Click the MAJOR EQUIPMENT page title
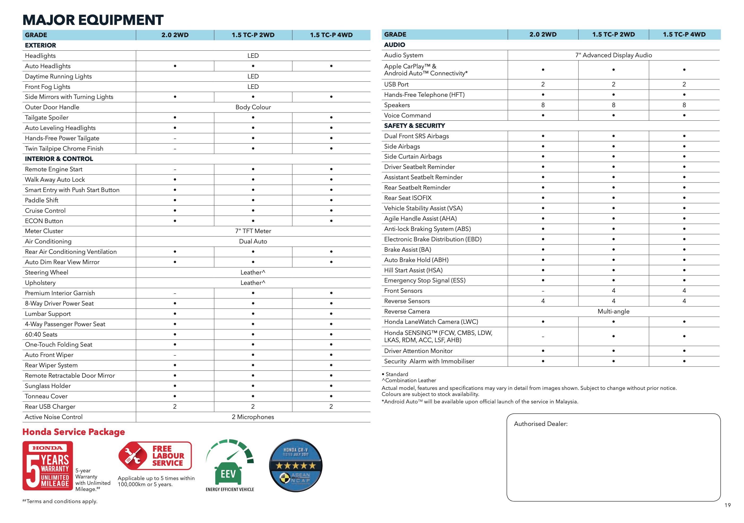click(93, 20)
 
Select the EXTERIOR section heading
click(41, 45)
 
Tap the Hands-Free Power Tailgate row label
click(62, 138)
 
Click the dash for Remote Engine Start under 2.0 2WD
click(175, 169)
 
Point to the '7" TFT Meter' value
click(253, 231)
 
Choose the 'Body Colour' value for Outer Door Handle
click(253, 107)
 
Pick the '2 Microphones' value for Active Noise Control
click(253, 417)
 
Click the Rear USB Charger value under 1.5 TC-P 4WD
click(331, 407)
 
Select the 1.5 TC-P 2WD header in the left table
click(253, 35)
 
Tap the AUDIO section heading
click(394, 45)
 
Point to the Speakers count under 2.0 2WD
click(543, 105)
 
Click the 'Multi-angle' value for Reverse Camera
click(613, 311)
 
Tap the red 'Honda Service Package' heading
click(74, 432)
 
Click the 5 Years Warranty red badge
click(48, 466)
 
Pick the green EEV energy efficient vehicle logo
click(230, 465)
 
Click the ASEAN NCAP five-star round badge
click(296, 465)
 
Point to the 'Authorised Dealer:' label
click(541, 424)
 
